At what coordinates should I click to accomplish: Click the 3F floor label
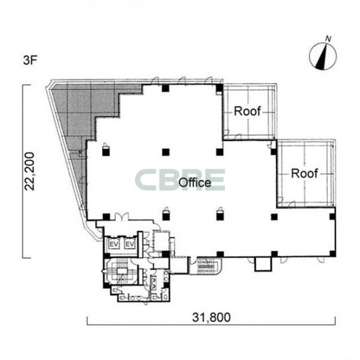coord(30,61)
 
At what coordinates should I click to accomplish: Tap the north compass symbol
coord(323,56)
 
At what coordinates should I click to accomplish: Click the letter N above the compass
coord(328,39)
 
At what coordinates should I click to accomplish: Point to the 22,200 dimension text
coord(30,171)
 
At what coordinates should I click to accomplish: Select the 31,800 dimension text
coord(211,318)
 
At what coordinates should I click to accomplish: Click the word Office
coord(195,183)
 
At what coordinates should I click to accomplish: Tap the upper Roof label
coord(247,111)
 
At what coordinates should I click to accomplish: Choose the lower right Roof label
coord(304,173)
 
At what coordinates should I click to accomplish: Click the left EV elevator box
coord(114,244)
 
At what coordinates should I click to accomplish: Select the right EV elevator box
coord(130,244)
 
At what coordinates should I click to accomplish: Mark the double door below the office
coord(122,216)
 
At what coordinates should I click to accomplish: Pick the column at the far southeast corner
coord(332,253)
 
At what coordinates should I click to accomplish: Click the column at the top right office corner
coord(219,88)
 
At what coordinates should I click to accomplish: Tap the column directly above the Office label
coord(165,152)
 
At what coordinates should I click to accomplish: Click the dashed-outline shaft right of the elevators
coord(161,241)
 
